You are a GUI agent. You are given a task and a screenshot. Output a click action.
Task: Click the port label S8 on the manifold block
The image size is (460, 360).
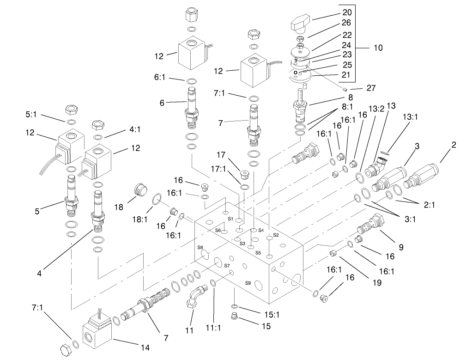200,248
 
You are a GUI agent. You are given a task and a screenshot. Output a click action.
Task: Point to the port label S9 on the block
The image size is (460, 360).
248,283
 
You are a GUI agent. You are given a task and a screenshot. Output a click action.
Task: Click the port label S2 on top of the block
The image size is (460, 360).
276,235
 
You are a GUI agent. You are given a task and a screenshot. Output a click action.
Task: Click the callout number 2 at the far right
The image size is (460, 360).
454,145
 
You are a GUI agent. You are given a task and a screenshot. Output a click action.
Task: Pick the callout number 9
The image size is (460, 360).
401,247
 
